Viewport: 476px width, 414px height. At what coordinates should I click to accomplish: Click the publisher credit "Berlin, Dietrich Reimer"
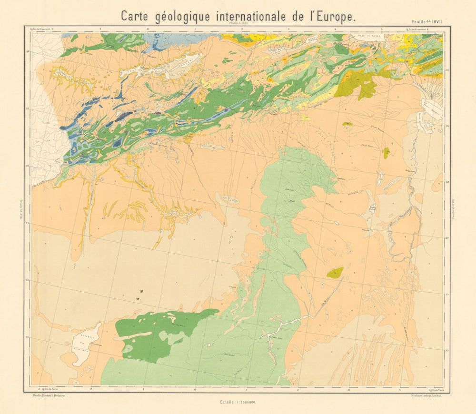point(48,395)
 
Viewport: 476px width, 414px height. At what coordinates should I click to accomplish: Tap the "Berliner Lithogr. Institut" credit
point(426,395)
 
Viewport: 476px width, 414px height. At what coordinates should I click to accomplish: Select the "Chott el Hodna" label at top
point(365,36)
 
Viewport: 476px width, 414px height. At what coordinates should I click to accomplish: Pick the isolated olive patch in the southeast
point(335,272)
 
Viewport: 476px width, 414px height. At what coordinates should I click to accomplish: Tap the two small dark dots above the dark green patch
point(139,295)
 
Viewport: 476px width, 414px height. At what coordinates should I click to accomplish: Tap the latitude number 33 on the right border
point(447,182)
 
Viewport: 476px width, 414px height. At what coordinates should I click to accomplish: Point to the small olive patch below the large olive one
point(386,153)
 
